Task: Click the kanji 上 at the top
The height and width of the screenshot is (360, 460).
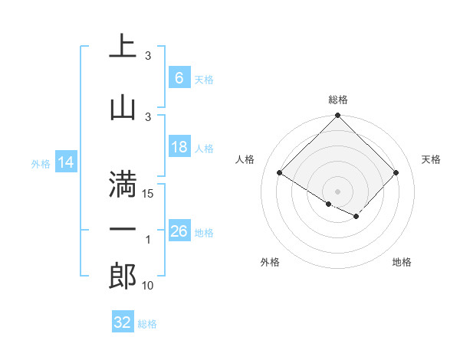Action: (123, 46)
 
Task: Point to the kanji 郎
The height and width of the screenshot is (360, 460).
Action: (123, 276)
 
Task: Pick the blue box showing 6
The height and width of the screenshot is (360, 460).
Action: (179, 78)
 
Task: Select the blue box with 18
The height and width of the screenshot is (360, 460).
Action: (179, 147)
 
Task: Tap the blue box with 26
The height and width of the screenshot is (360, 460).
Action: (179, 231)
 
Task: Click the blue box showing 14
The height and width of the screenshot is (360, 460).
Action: (66, 162)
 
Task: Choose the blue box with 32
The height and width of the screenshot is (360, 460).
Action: (123, 322)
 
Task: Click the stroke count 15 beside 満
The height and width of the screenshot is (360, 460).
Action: (149, 194)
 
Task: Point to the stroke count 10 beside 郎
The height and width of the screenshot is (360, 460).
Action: (148, 286)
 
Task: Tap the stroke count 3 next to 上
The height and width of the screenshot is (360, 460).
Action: (148, 56)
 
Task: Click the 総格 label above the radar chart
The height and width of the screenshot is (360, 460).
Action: (337, 100)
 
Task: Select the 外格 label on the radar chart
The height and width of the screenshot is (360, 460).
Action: (270, 262)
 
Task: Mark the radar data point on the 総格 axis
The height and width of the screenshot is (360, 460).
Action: (337, 116)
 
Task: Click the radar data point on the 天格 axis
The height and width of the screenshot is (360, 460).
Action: (396, 173)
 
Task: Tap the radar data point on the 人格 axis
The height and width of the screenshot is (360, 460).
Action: (280, 173)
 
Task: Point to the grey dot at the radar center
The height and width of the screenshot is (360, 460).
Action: (337, 191)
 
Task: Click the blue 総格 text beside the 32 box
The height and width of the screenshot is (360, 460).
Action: (147, 324)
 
